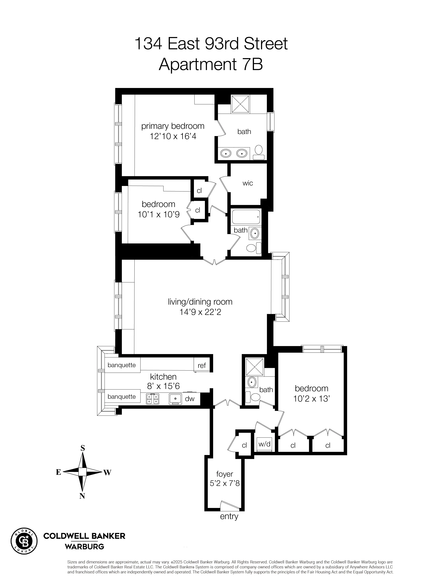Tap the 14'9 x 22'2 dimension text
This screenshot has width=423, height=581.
click(x=200, y=312)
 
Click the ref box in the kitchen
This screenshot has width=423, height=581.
click(x=202, y=366)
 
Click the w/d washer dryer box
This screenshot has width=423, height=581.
click(x=264, y=444)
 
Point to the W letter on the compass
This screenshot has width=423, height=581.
click(x=107, y=473)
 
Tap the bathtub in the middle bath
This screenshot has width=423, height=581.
click(x=246, y=217)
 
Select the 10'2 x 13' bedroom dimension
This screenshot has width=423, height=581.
click(x=311, y=399)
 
